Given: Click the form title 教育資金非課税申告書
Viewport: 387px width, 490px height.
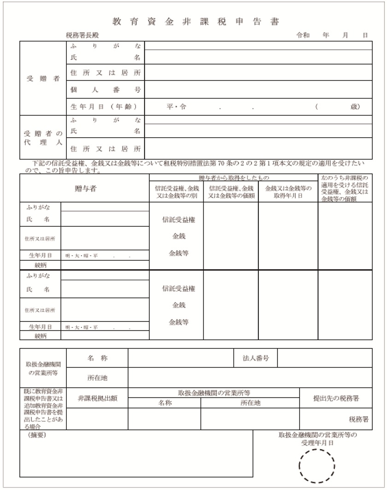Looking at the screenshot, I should click(196, 22).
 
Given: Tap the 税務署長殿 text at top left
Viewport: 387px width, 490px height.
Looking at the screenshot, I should click(82, 35).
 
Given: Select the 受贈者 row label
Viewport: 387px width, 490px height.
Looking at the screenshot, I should click(43, 78).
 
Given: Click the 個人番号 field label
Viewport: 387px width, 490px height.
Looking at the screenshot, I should click(105, 89).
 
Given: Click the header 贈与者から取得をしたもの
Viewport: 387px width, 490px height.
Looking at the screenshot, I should click(234, 177).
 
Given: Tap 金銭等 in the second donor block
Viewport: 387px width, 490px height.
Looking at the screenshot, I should click(178, 322).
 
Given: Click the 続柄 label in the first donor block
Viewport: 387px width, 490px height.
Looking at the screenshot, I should click(41, 265).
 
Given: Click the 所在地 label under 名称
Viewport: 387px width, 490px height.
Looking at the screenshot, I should click(97, 378).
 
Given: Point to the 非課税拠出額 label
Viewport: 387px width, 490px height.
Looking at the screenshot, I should click(97, 398).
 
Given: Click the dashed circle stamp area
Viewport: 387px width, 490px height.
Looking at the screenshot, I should click(317, 466).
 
